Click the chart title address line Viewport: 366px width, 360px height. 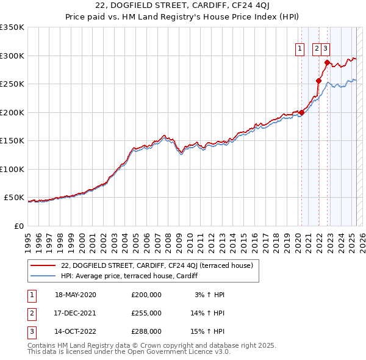183,7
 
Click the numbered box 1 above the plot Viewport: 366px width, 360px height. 301,51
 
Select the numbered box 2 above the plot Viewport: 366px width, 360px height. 318,51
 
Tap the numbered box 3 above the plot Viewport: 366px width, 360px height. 326,51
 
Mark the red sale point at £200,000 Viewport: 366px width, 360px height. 301,112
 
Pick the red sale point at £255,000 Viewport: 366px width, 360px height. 318,81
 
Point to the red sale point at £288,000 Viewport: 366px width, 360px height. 327,62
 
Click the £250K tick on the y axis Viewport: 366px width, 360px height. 12,84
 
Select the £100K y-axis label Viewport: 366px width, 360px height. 12,169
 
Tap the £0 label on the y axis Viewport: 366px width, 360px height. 19,226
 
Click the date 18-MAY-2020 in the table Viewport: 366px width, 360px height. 76,295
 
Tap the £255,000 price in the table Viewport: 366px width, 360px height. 146,313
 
